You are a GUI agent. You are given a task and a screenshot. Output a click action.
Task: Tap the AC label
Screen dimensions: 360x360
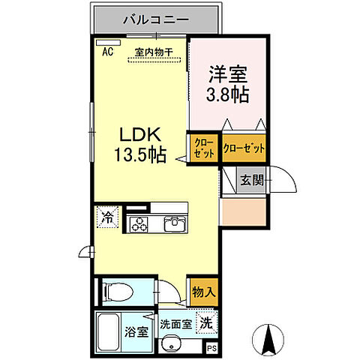click(106, 52)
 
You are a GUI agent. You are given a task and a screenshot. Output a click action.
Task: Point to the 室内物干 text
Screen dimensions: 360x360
click(154, 52)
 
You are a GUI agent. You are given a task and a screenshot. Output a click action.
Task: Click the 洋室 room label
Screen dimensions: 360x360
click(226, 76)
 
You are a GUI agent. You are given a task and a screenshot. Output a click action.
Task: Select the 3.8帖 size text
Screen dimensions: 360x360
click(227, 96)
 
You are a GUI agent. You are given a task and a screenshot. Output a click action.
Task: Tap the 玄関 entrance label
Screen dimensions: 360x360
click(250, 180)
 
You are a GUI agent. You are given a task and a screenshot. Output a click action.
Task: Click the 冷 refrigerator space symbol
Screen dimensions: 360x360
click(106, 219)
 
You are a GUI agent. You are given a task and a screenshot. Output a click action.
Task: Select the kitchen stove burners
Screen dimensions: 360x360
click(140, 223)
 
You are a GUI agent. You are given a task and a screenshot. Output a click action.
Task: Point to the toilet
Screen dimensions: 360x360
click(120, 290)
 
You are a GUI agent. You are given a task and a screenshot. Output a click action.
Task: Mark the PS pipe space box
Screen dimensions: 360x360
click(212, 347)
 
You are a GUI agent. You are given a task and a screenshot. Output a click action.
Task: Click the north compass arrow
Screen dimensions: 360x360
click(268, 340)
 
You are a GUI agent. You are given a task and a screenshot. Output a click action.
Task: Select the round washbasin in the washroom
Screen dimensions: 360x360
click(174, 345)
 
